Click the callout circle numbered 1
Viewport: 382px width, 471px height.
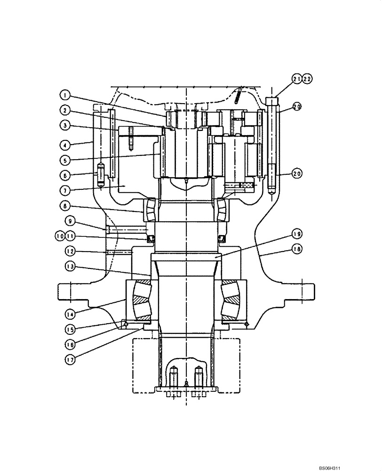click(x=66, y=95)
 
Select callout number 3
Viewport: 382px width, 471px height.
click(x=66, y=126)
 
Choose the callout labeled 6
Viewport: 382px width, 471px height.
click(x=66, y=175)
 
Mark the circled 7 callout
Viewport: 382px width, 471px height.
click(x=66, y=190)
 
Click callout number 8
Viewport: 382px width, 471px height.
click(x=66, y=205)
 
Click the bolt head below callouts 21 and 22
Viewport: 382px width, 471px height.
click(x=272, y=100)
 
